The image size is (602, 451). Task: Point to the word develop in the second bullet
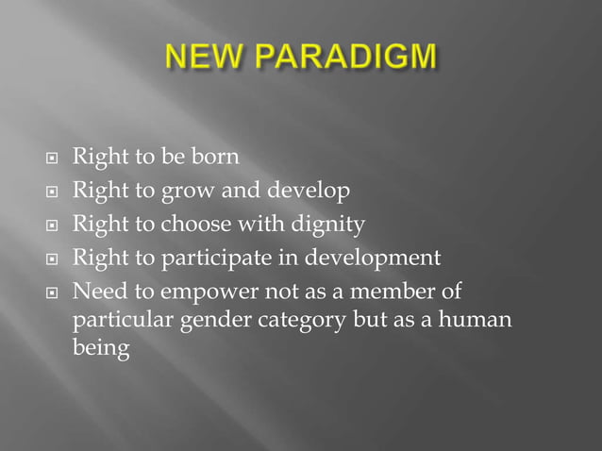310,192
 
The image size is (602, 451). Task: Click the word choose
194,225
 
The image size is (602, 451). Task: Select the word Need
95,289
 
